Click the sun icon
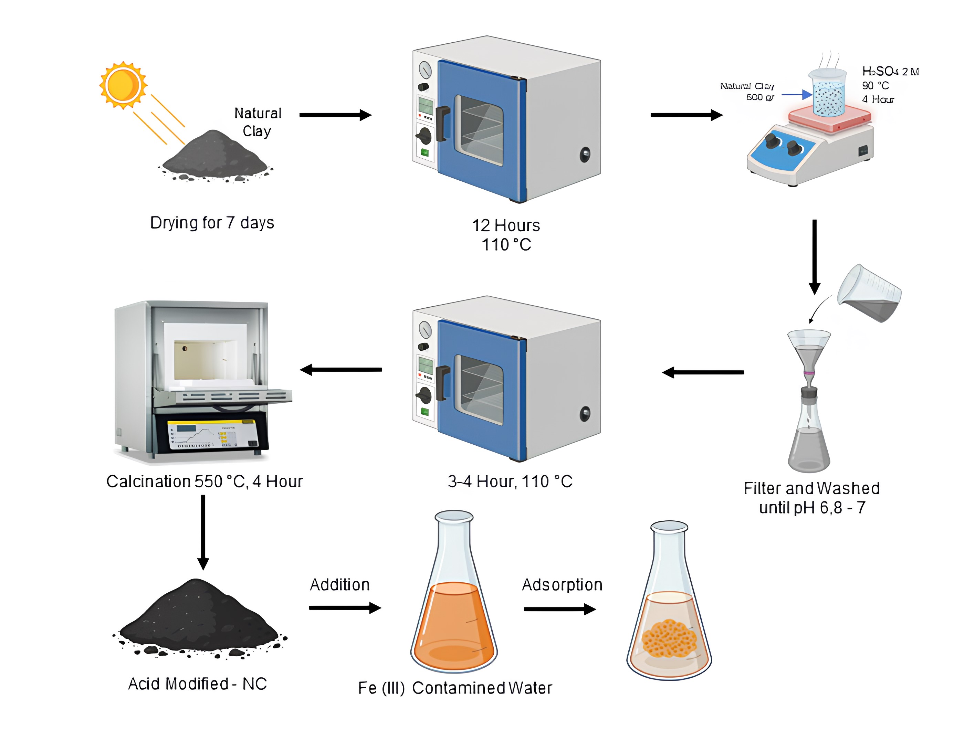pos(123,85)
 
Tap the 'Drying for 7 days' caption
pos(212,223)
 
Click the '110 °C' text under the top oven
pos(506,245)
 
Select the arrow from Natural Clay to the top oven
pos(335,115)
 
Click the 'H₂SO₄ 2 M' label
pos(890,71)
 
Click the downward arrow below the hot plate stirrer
pos(815,256)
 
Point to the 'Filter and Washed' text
pos(811,488)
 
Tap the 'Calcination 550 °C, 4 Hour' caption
pos(205,481)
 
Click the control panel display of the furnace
pos(212,434)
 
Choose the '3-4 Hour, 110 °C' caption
pos(510,481)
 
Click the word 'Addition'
pos(339,585)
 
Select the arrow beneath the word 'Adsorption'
pos(560,610)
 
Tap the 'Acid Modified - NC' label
pos(198,684)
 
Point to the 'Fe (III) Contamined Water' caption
pos(455,688)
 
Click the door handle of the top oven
pos(442,123)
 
